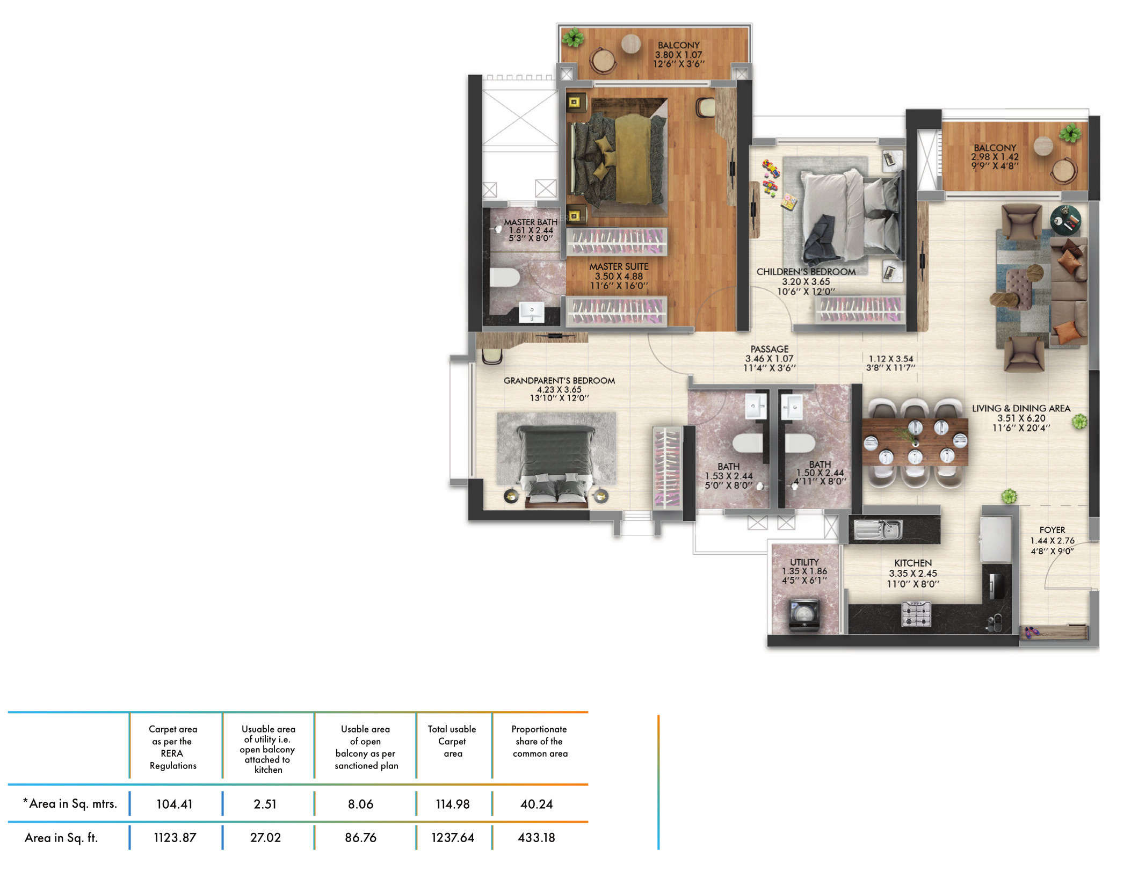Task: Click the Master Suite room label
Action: click(619, 266)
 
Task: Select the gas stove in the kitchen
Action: click(916, 614)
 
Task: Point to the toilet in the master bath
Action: click(504, 278)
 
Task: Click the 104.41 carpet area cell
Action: click(175, 804)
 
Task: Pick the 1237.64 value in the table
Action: click(453, 837)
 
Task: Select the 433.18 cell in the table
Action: click(536, 837)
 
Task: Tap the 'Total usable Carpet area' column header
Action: click(452, 741)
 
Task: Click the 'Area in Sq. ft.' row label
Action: click(61, 838)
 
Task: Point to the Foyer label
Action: click(1052, 530)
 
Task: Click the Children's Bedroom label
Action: click(806, 272)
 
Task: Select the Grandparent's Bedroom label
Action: click(559, 381)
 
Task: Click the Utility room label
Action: click(804, 562)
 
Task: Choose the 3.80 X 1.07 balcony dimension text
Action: click(678, 55)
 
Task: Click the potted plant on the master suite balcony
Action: click(574, 38)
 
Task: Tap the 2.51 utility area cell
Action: click(265, 804)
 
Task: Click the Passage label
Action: click(770, 349)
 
